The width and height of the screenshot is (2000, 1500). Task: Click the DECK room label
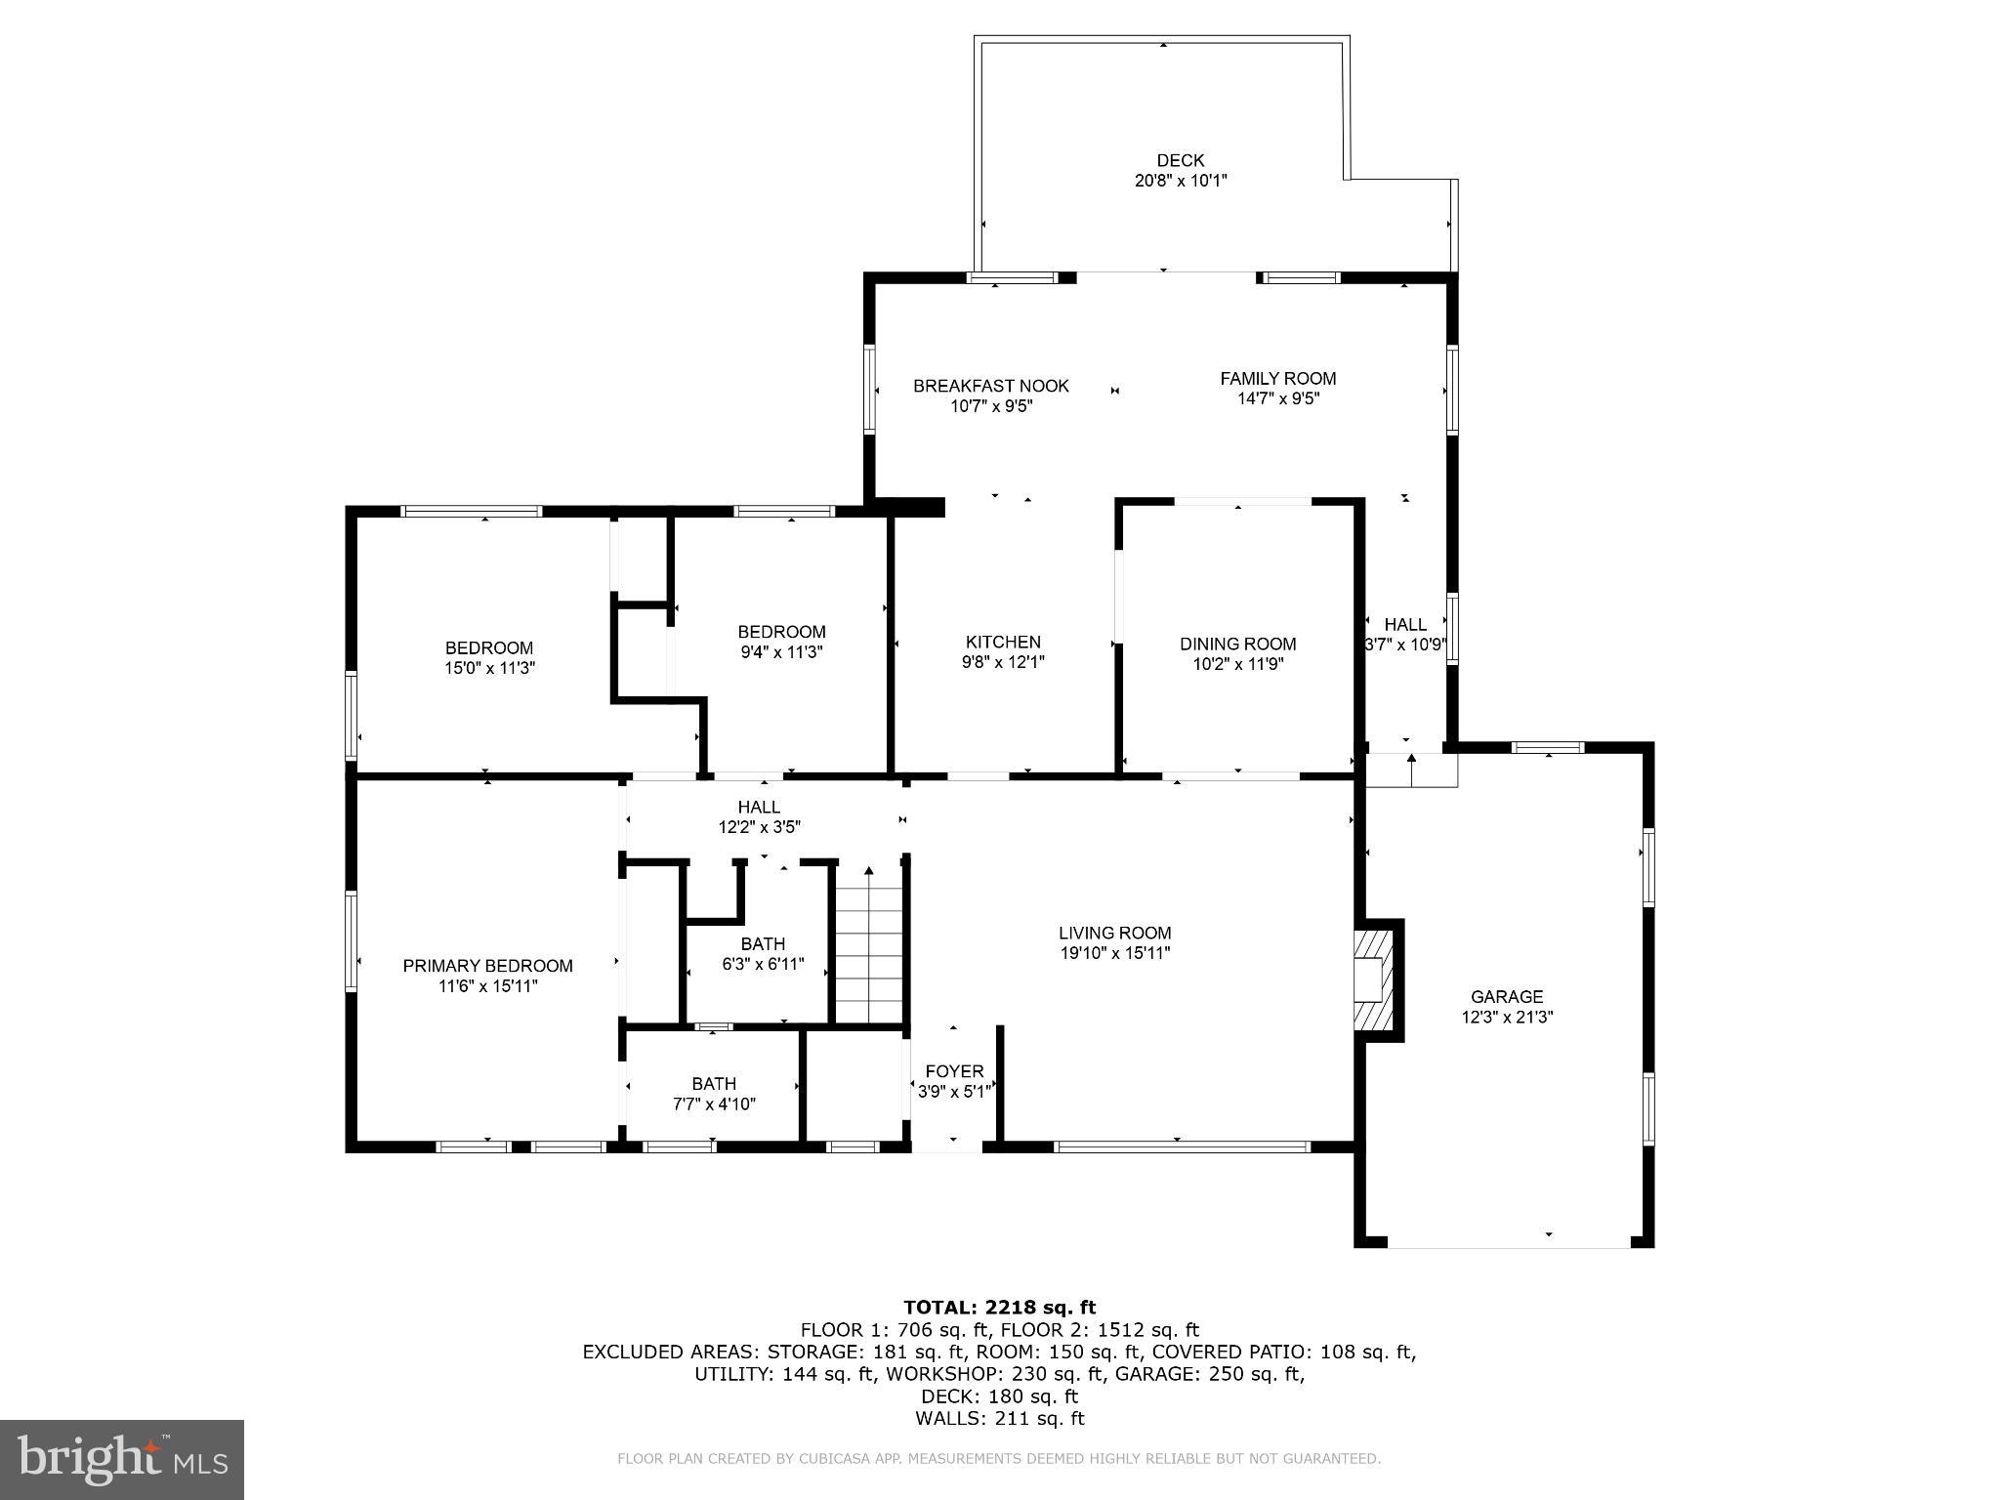[x=1180, y=160]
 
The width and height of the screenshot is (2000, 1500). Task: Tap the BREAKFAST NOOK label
[x=991, y=386]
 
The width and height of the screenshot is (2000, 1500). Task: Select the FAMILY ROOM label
[x=1278, y=378]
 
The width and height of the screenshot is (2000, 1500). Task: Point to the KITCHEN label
[x=1003, y=642]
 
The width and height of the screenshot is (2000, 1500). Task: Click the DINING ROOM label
[x=1238, y=644]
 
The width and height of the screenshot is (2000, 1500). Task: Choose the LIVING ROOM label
[x=1115, y=933]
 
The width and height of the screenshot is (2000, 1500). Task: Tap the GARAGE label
[x=1507, y=996]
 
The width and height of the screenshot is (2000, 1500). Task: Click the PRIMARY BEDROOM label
[x=488, y=966]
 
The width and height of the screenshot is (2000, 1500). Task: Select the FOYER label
[x=954, y=1071]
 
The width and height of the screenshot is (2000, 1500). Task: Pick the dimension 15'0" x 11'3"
[x=489, y=668]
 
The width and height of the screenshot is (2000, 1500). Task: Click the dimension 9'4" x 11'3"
[x=781, y=651]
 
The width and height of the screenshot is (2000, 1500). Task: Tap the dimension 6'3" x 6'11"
[x=763, y=964]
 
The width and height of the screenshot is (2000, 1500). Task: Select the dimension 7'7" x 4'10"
[x=714, y=1104]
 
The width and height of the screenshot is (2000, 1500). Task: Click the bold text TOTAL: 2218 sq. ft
[x=1000, y=1307]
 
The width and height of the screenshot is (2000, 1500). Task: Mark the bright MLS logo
[x=122, y=1460]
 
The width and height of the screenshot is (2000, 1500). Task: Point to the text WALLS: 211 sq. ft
[x=1000, y=1418]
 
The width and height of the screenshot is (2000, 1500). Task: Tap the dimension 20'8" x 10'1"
[x=1181, y=181]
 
